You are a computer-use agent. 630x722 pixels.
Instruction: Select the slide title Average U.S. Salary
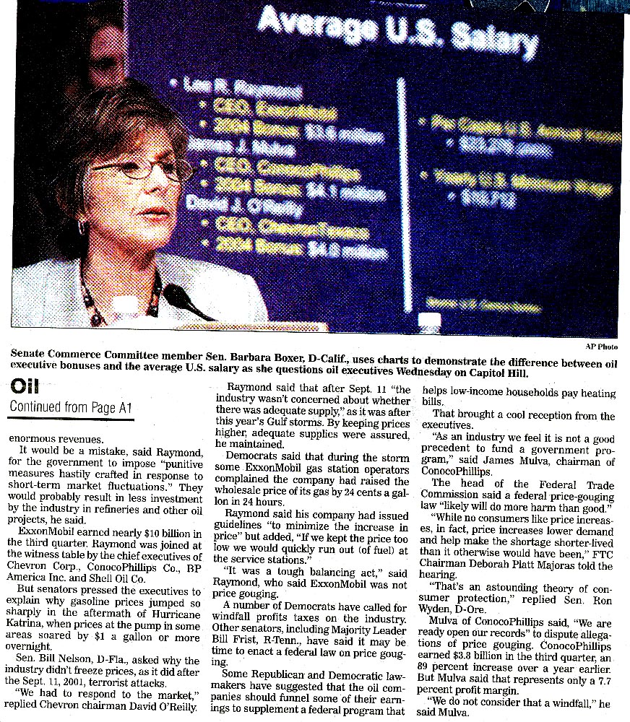(398, 32)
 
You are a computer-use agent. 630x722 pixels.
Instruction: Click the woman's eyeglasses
(144, 169)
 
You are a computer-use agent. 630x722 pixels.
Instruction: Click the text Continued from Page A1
(71, 406)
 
